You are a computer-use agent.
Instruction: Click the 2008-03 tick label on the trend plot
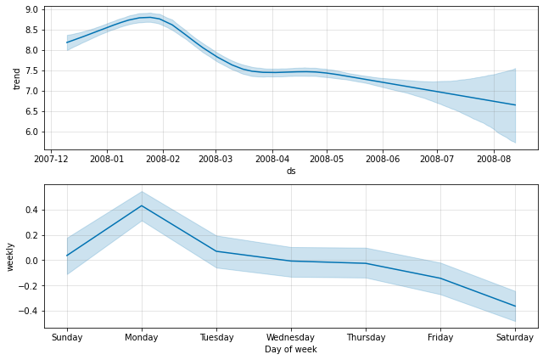click(215, 159)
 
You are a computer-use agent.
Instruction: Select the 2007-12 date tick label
click(52, 159)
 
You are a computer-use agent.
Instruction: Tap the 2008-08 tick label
click(493, 159)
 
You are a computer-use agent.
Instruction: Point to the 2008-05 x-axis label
click(327, 159)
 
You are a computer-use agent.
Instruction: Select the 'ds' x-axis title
click(291, 171)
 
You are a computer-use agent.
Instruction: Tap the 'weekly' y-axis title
click(11, 256)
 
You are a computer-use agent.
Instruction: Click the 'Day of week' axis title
click(291, 349)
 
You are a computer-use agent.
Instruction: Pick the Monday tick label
click(142, 337)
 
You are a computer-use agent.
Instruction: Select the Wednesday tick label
click(291, 337)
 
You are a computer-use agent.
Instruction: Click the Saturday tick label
click(515, 337)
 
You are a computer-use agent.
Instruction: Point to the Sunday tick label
click(67, 337)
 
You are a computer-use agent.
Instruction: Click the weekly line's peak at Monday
click(142, 205)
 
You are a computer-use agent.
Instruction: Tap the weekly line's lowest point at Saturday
click(515, 307)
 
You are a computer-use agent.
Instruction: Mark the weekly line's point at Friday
click(440, 278)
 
